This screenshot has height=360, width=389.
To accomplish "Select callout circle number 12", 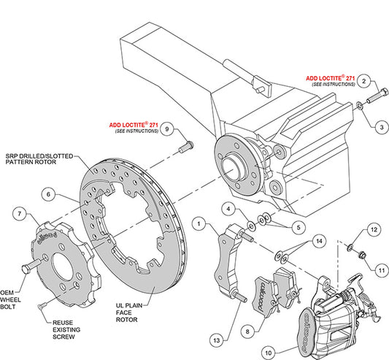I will [372, 231].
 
